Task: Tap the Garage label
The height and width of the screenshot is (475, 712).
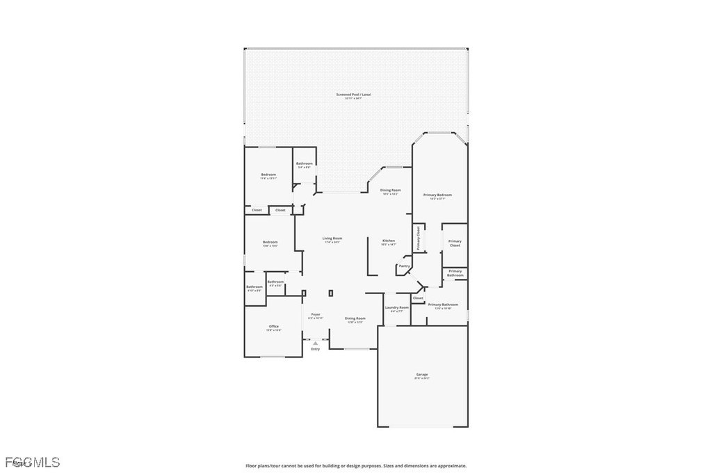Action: (422, 374)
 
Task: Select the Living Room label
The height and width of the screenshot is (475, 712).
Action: (332, 239)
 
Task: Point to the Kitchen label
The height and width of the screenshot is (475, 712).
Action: (388, 241)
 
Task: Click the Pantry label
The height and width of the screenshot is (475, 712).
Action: (404, 266)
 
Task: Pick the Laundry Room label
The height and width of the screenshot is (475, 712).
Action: (397, 307)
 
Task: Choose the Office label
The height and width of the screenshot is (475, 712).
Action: (273, 326)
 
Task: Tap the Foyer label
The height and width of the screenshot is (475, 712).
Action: (316, 314)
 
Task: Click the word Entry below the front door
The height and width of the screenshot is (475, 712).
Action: (316, 348)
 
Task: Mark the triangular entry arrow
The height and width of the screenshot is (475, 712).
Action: (316, 342)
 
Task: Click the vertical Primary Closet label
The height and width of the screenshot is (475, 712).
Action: (419, 239)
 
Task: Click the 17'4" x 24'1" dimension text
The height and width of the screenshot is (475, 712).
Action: (332, 243)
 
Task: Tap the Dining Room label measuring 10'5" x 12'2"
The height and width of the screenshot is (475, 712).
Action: (390, 190)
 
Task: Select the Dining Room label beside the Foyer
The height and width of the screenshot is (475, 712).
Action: (355, 319)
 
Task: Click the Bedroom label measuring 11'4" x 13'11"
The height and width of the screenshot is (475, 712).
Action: (268, 174)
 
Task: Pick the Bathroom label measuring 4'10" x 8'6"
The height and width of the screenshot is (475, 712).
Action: (254, 287)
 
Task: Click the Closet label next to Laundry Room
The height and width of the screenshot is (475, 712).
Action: (418, 298)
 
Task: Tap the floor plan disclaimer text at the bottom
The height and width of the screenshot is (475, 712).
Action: (355, 466)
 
